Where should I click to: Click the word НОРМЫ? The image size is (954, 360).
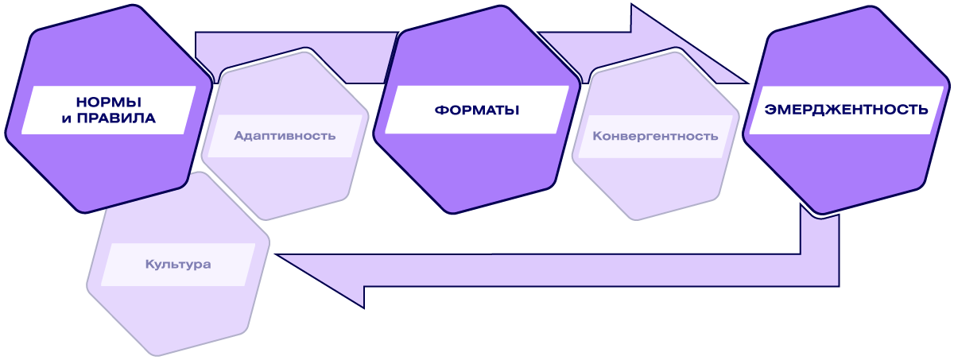[109, 102]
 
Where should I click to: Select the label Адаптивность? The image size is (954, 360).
[285, 135]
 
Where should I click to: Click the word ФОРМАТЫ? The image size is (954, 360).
[477, 110]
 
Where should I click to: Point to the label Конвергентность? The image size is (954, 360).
[655, 135]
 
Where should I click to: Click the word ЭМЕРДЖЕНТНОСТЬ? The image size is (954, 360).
[846, 109]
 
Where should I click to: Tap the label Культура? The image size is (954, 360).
[178, 264]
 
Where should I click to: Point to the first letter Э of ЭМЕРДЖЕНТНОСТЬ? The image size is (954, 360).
[770, 109]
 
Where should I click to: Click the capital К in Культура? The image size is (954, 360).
[149, 264]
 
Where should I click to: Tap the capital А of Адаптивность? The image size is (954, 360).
[238, 135]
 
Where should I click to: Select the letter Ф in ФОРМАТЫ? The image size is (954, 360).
[440, 110]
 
